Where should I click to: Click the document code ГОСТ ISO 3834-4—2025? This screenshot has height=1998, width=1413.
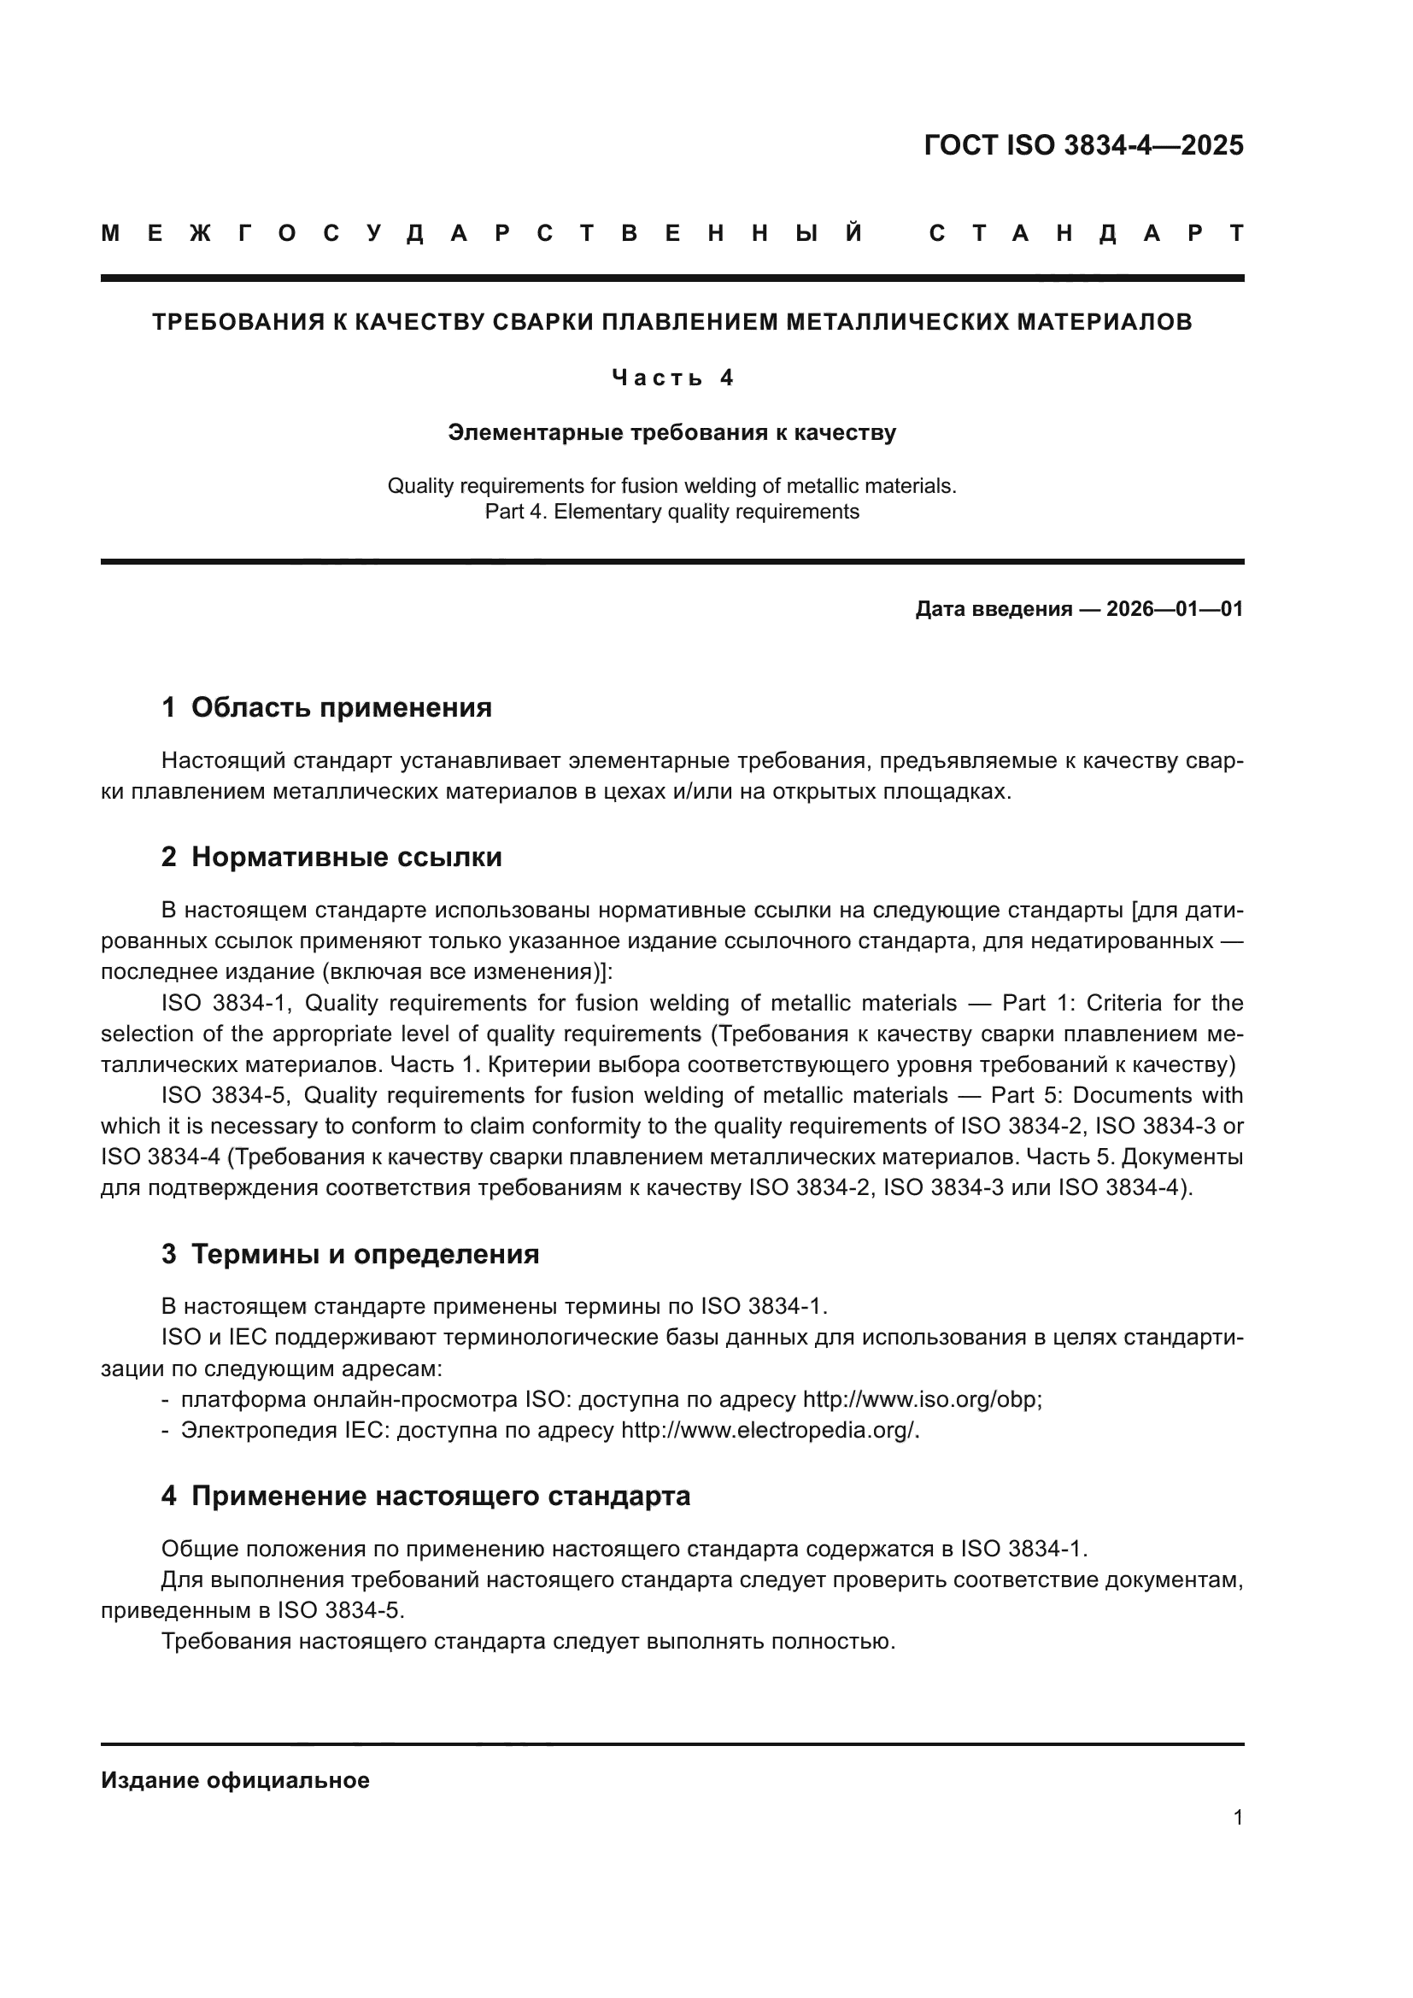[1083, 145]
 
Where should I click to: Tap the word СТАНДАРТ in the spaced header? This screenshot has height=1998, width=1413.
[1087, 234]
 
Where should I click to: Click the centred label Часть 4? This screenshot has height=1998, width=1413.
[672, 378]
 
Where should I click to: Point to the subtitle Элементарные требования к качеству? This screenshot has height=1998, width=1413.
[671, 432]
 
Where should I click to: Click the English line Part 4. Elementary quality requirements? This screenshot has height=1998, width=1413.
[671, 512]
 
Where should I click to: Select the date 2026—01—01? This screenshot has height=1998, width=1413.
[1175, 609]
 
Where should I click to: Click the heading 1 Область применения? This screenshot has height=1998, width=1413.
[326, 707]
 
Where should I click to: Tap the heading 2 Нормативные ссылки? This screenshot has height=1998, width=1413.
[331, 857]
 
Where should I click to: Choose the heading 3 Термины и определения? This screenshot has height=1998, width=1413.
[349, 1254]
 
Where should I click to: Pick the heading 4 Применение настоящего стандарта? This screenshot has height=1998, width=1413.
[425, 1496]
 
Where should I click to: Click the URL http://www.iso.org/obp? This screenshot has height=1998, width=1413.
[920, 1400]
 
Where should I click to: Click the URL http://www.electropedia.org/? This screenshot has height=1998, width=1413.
[768, 1431]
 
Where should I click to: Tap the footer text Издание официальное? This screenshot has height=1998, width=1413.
[235, 1780]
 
